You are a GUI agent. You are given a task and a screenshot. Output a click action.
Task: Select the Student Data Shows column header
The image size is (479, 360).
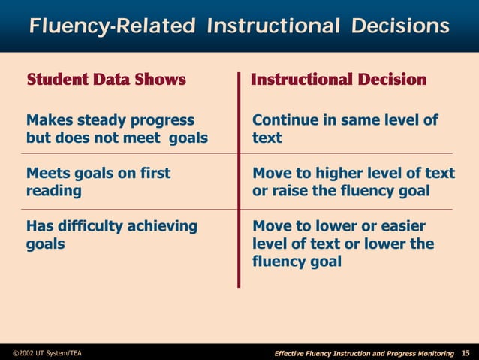[106, 80]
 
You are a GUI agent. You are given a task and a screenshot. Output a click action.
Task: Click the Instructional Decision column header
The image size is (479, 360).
[339, 80]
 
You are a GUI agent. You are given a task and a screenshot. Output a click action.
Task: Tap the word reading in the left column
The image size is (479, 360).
[54, 191]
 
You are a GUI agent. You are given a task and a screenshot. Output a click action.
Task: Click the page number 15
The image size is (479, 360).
[465, 353]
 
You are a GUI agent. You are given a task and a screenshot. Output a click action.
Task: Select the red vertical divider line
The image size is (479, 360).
[239, 180]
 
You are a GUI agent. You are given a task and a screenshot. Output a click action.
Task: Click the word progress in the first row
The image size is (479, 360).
[162, 120]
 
